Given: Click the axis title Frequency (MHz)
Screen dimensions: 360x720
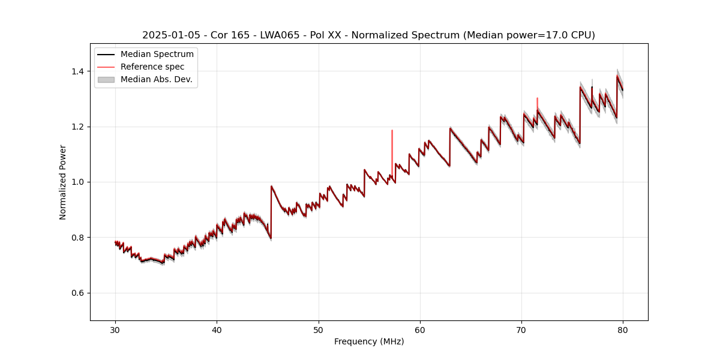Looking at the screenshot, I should point(369,341).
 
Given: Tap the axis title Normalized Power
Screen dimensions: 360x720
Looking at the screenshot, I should point(63,182).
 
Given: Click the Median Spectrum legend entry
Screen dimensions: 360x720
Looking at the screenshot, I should point(157,55).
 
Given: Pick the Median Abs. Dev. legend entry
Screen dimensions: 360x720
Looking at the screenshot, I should point(156,79).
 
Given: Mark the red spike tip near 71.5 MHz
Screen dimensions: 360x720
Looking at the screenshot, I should point(537,98).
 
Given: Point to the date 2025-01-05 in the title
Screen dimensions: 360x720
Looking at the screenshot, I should point(171,35).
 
